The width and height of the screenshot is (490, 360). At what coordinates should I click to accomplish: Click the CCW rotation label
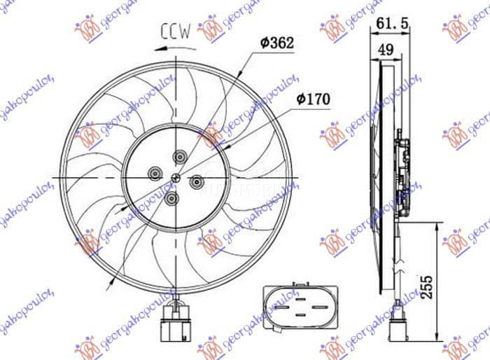pos(175,31)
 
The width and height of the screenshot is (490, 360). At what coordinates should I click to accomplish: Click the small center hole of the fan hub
pos(172,177)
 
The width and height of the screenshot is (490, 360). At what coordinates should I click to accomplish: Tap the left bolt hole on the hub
pos(153,170)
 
